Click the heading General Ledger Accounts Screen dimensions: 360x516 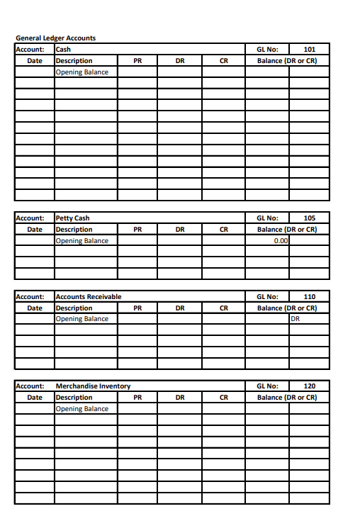(55, 38)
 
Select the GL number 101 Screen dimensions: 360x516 (309, 50)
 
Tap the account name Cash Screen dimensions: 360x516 (63, 50)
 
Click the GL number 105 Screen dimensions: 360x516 (309, 218)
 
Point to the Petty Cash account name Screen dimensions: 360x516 (72, 218)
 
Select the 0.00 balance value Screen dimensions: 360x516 (281, 241)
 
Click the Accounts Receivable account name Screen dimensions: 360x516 (88, 296)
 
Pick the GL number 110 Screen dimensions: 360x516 (309, 296)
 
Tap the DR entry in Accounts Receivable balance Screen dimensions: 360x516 (296, 319)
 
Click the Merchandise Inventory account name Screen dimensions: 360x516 (93, 386)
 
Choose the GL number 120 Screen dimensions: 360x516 (309, 386)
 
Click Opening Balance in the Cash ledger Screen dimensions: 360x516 (81, 72)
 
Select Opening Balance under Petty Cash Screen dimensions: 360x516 (81, 241)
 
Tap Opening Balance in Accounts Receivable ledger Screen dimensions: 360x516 (81, 319)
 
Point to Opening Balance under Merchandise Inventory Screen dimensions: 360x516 (81, 409)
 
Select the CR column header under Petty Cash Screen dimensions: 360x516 (223, 230)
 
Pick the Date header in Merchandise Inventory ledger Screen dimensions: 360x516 (34, 398)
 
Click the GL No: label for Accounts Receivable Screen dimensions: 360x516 (266, 296)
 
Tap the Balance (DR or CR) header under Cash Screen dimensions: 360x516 (286, 61)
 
